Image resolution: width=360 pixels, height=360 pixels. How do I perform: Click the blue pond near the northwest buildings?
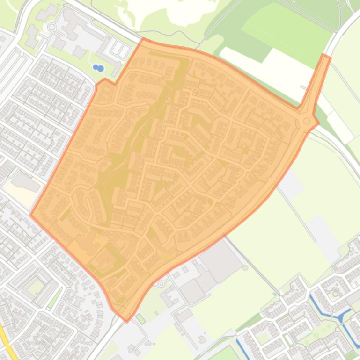point(98,68)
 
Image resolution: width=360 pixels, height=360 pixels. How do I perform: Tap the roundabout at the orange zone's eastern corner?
point(307,121)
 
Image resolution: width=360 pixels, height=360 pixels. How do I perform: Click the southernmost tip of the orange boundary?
point(126,321)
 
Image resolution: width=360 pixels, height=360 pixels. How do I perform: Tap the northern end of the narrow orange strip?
point(326,56)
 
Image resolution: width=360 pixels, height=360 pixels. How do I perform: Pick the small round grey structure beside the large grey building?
point(245,268)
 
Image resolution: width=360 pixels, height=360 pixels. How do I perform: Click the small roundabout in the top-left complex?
point(51,28)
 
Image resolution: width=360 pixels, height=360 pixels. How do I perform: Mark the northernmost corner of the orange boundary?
point(143,39)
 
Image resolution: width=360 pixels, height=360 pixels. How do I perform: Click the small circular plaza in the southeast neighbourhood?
point(335,295)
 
